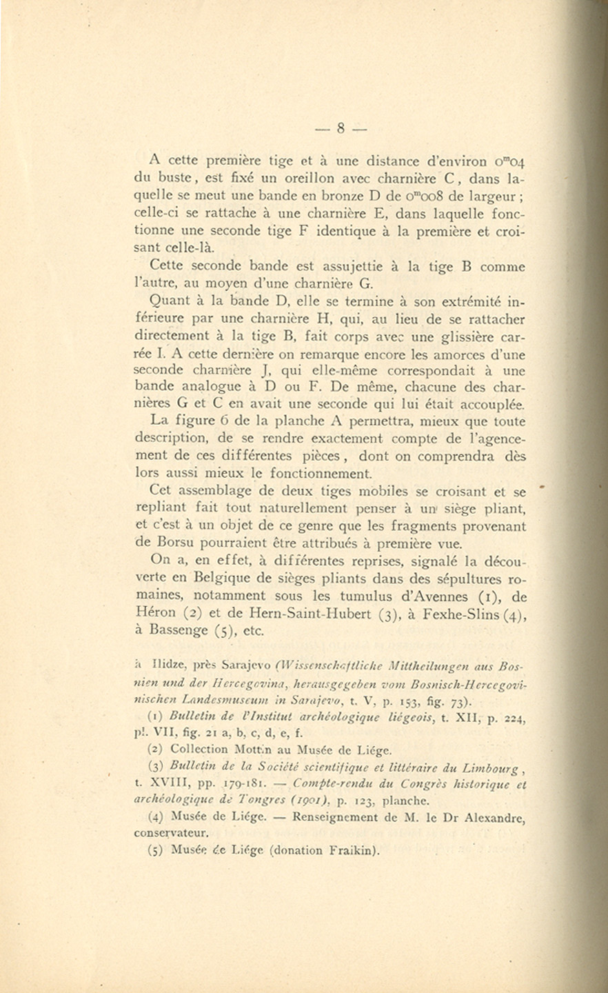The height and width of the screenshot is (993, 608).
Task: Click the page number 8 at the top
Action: click(x=341, y=128)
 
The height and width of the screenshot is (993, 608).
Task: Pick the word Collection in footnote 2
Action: click(x=199, y=749)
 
